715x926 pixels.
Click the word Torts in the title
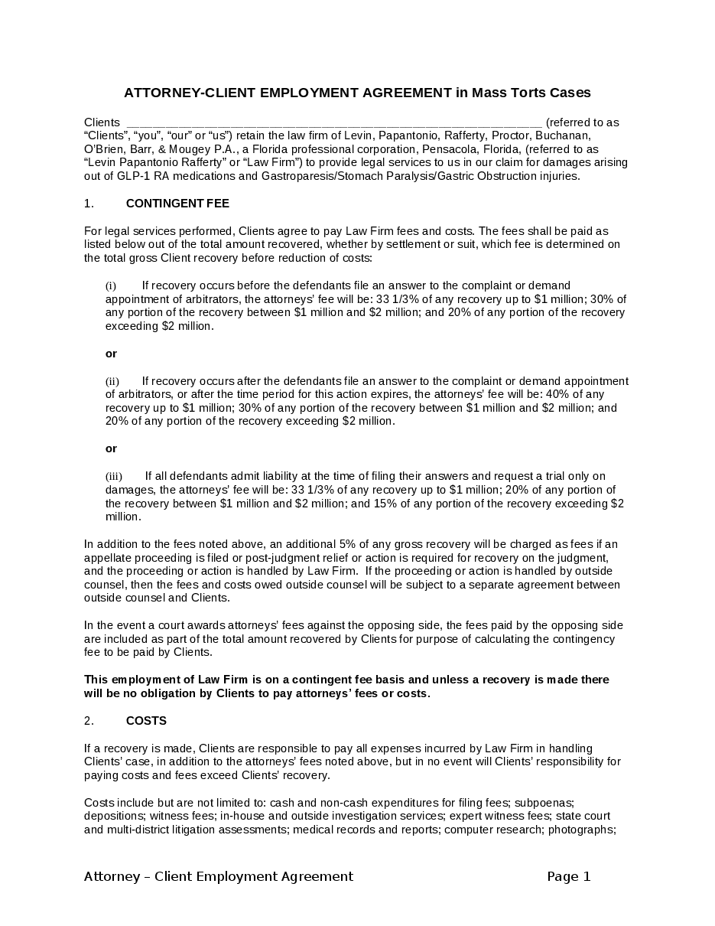pyautogui.click(x=521, y=93)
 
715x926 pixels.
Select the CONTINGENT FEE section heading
pyautogui.click(x=177, y=204)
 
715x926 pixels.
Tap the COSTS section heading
pyautogui.click(x=146, y=721)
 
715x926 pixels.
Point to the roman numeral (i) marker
pyautogui.click(x=111, y=285)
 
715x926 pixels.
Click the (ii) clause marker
pyautogui.click(x=112, y=381)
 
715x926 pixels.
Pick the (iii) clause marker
pyautogui.click(x=113, y=476)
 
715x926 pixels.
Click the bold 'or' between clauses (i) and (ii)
pyautogui.click(x=111, y=354)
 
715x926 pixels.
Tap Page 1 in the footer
pyautogui.click(x=569, y=877)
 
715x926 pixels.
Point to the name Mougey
pyautogui.click(x=201, y=149)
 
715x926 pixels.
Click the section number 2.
pyautogui.click(x=89, y=721)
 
